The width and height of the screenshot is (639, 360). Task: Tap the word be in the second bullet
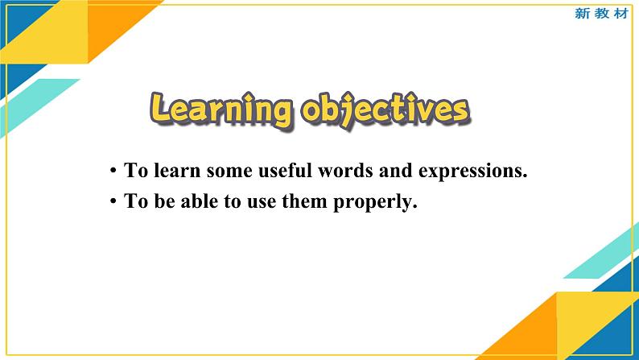pyautogui.click(x=159, y=201)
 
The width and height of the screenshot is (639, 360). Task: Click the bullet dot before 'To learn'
pyautogui.click(x=114, y=172)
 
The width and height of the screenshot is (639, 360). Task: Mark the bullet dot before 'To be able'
pyautogui.click(x=114, y=202)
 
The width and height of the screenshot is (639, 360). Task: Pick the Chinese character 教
pyautogui.click(x=601, y=14)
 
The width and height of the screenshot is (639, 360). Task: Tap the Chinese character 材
pyautogui.click(x=620, y=14)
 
